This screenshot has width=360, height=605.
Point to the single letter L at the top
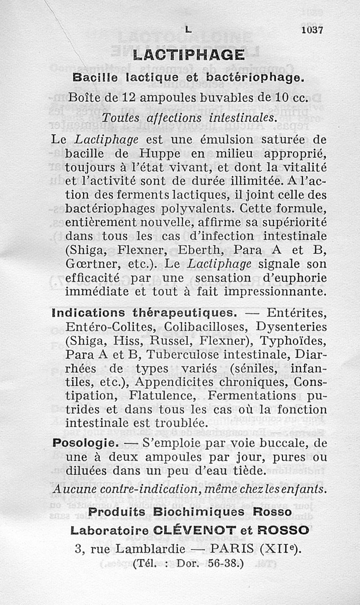[x=188, y=30]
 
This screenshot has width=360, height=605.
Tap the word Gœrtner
[x=91, y=263]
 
